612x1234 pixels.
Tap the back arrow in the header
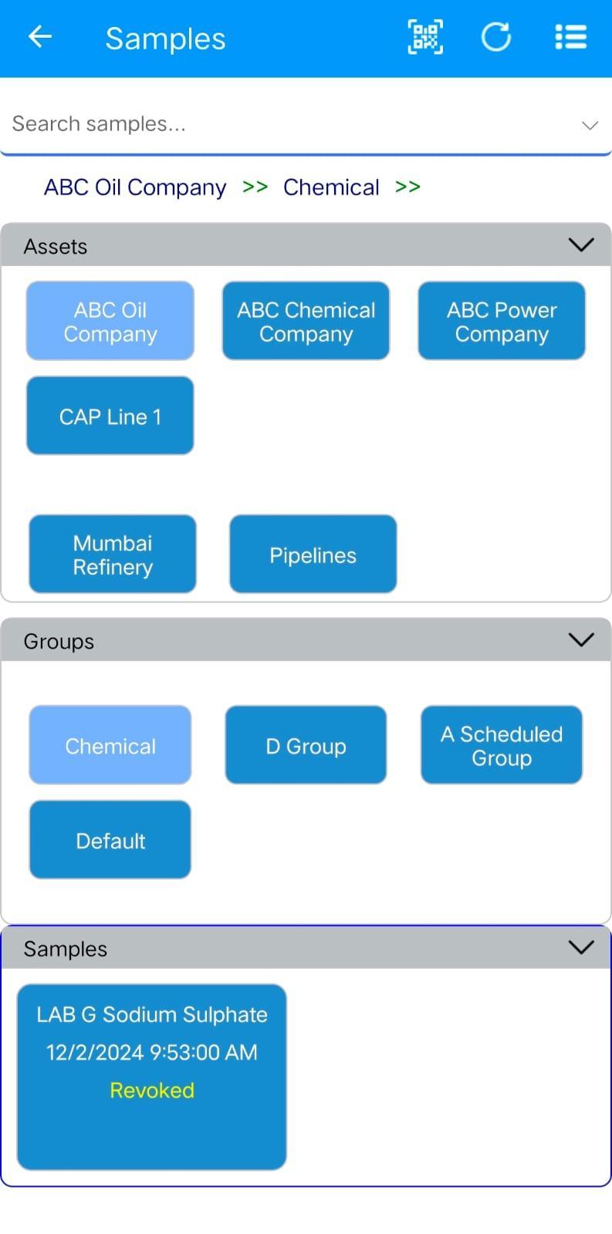pos(39,37)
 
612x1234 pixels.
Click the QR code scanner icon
pos(425,37)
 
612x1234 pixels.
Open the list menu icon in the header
pos(570,37)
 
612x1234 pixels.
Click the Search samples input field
pos(292,124)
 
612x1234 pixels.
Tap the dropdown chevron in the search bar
pos(590,126)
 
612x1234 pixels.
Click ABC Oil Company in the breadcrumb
pos(135,187)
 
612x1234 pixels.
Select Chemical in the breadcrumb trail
pos(331,187)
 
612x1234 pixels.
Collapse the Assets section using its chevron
pos(581,244)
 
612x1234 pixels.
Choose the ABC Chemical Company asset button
pos(306,321)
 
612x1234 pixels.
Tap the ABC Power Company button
pos(502,321)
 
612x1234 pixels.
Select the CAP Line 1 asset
pos(110,416)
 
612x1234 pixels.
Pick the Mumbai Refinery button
pos(113,555)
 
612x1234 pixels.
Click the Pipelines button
pos(313,555)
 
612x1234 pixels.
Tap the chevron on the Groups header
pos(581,639)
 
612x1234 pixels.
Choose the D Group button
pos(306,745)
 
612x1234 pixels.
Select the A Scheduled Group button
pos(502,745)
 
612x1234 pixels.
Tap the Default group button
pos(110,840)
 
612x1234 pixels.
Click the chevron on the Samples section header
pos(581,947)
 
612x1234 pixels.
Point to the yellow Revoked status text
pos(152,1091)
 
